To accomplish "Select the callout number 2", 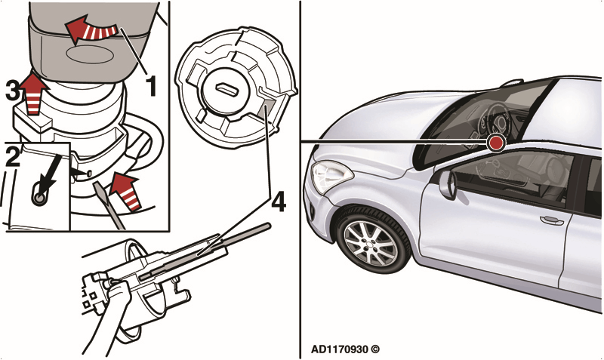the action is coord(13,156).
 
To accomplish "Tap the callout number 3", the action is coord(12,91).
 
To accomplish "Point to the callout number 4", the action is coord(279,202).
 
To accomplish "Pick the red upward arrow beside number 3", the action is coord(32,94).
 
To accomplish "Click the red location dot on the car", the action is coord(496,143).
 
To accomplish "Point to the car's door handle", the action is coord(552,220).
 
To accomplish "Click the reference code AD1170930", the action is coord(339,349).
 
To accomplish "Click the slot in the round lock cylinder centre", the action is coord(225,89).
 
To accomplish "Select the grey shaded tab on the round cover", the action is coord(268,108).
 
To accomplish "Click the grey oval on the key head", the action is coord(90,54).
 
